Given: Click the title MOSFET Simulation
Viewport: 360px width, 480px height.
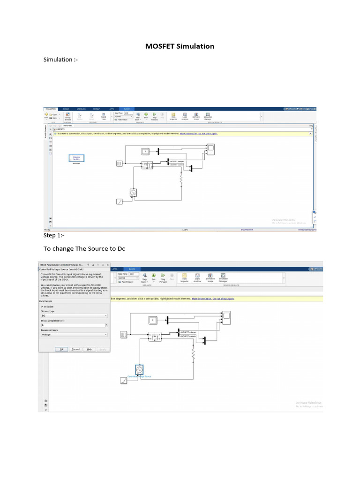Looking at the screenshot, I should (x=180, y=46).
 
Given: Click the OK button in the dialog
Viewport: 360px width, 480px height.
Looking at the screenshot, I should (x=61, y=349).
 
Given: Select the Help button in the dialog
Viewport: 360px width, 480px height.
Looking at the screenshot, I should (x=89, y=349).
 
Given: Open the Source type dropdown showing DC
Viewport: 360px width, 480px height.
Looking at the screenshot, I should (x=74, y=316).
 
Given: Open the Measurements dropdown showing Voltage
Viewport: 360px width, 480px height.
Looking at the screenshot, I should (x=74, y=335).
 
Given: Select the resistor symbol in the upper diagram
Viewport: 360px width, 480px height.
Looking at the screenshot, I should (x=180, y=179).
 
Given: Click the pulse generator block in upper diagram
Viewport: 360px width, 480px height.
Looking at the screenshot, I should (x=119, y=163).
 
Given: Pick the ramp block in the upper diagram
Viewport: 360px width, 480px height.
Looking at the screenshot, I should (x=119, y=201).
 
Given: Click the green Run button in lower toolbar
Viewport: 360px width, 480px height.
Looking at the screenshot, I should (x=153, y=276).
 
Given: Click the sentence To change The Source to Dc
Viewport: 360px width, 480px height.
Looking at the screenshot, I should (x=84, y=248).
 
